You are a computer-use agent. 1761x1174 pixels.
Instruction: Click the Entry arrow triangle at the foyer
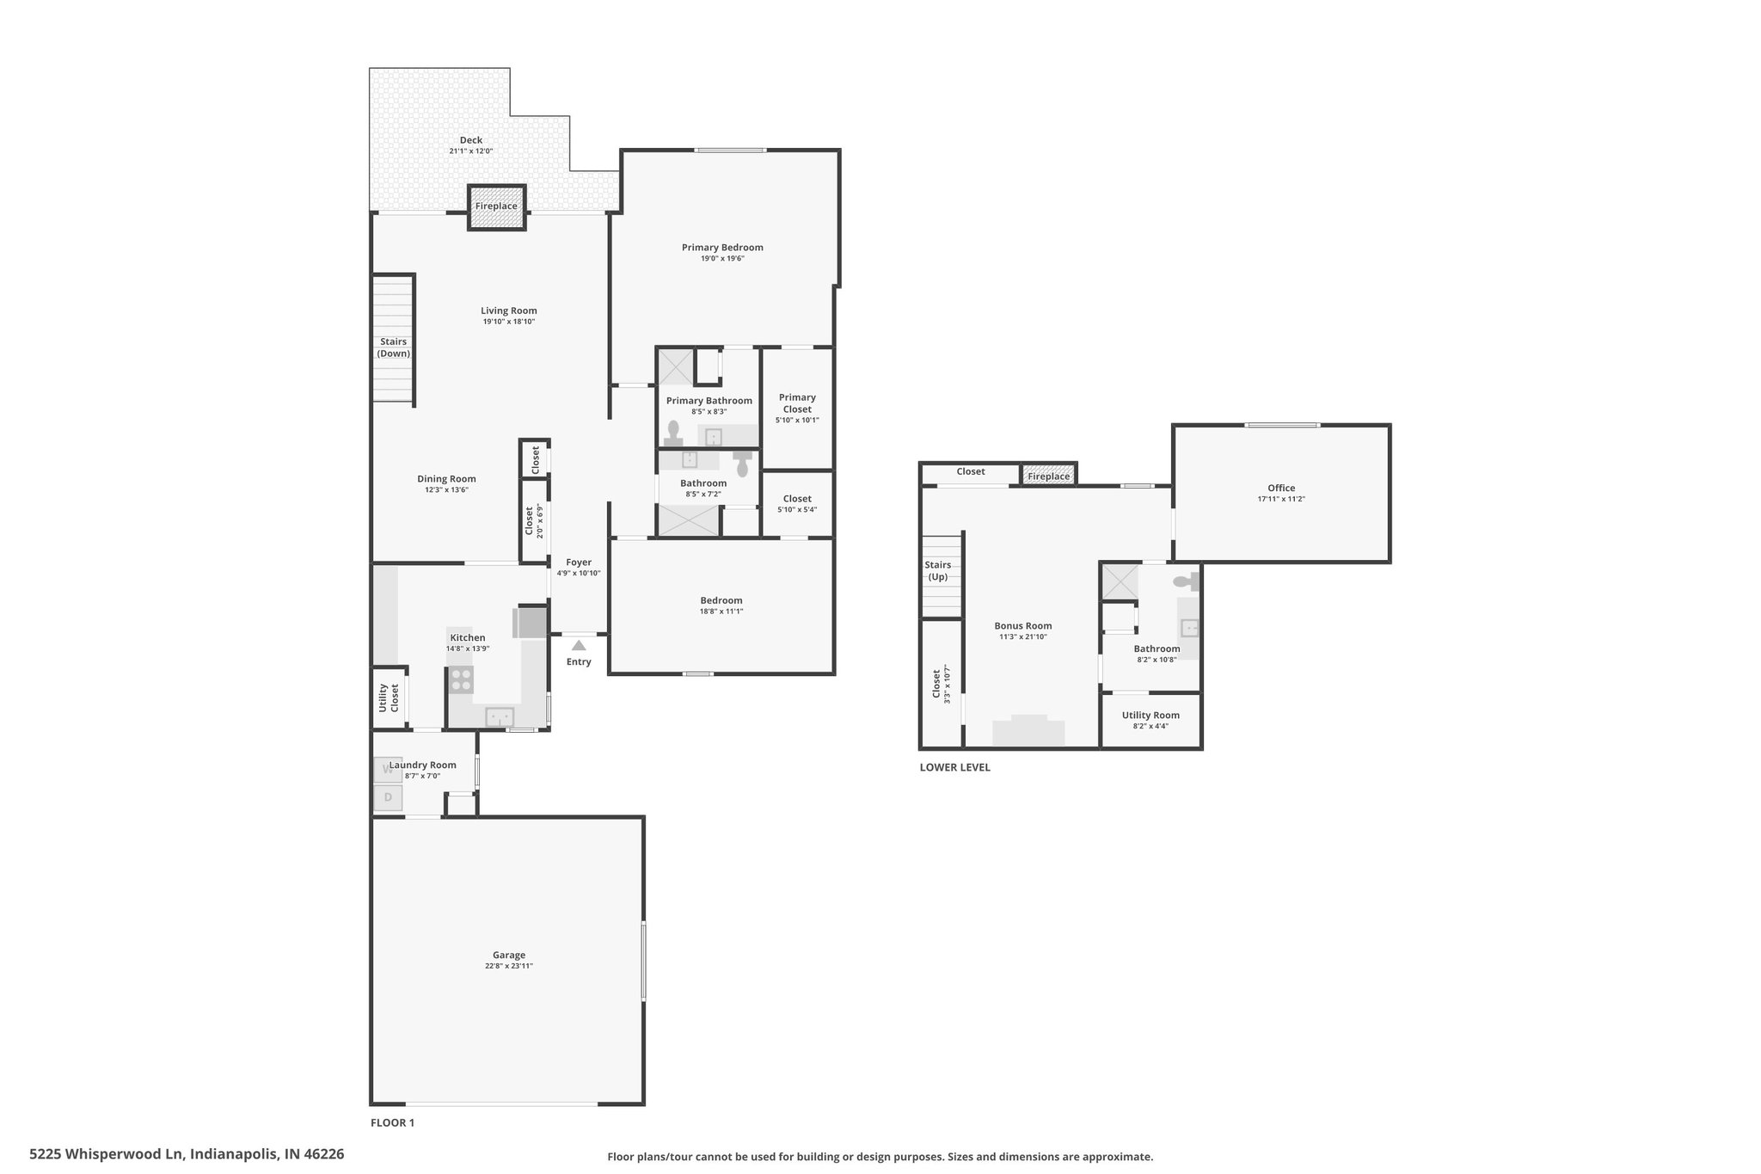point(579,645)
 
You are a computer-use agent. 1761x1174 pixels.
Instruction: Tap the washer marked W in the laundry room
point(388,770)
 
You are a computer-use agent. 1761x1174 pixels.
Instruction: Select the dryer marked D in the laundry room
point(388,797)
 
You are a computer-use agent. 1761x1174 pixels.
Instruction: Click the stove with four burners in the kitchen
point(461,680)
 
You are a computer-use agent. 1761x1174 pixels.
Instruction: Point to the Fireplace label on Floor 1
point(496,206)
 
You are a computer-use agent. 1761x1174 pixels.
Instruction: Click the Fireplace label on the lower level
point(1048,476)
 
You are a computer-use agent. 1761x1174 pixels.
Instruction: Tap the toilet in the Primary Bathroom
point(673,433)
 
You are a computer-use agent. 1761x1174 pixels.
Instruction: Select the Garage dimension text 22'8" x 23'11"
point(508,966)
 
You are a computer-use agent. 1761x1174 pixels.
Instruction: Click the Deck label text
point(470,140)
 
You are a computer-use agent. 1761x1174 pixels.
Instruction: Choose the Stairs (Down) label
point(394,347)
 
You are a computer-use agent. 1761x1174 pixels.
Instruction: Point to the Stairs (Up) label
point(938,571)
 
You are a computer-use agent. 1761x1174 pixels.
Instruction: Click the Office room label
point(1281,488)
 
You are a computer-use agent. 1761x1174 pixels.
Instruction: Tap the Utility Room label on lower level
point(1150,715)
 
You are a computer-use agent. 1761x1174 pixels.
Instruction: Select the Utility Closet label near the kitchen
point(389,698)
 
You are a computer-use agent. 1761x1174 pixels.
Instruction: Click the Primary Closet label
point(797,403)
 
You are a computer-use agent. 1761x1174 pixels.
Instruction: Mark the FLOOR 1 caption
point(392,1122)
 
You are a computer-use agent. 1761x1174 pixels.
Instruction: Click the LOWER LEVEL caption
point(954,767)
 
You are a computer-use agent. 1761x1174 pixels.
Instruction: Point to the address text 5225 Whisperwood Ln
point(107,1153)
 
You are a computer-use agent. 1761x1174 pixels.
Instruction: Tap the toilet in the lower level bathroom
point(1187,582)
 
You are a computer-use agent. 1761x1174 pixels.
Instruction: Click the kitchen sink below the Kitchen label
point(500,716)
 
